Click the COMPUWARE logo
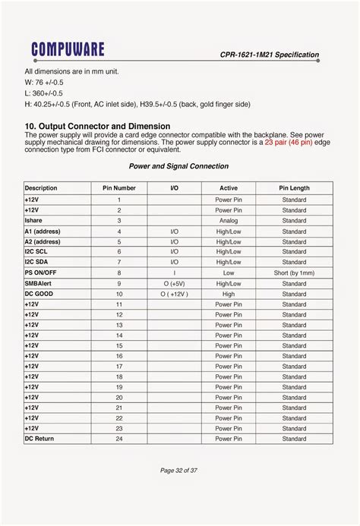point(68,50)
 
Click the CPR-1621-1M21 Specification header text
point(270,55)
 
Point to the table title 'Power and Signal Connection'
point(178,166)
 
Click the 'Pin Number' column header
point(119,187)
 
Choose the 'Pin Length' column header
point(294,187)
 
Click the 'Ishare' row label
point(35,220)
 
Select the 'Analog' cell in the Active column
point(229,220)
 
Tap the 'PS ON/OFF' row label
point(41,272)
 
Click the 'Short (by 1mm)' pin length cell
point(294,272)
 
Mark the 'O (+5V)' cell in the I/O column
point(174,282)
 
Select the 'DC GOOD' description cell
point(39,293)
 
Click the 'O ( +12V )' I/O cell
point(174,293)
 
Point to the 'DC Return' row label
point(39,438)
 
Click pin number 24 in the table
point(119,439)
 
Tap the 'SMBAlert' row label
point(38,282)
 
